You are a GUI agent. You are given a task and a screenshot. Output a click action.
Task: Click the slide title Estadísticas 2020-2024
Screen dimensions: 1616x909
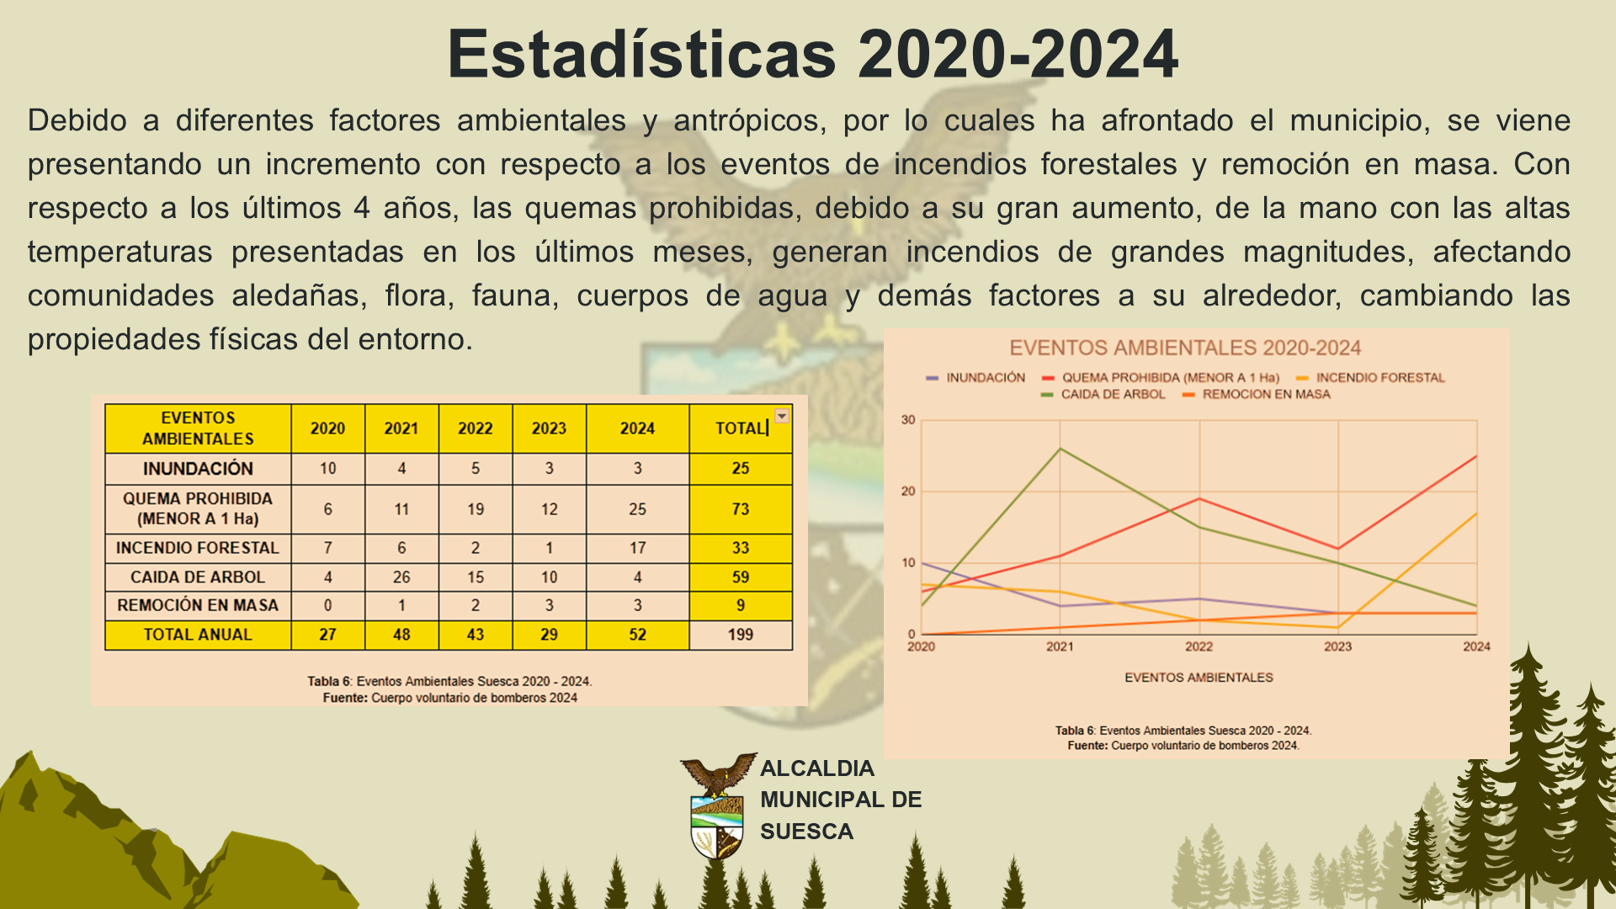click(x=812, y=54)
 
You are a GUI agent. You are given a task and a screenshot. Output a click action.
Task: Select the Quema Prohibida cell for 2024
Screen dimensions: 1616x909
click(x=637, y=509)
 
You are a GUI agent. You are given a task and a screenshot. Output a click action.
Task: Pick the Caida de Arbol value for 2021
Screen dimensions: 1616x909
click(x=401, y=577)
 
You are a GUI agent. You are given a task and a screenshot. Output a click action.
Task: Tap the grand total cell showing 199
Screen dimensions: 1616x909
click(x=741, y=635)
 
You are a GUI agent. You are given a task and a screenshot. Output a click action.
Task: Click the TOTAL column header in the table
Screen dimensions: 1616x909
click(x=741, y=428)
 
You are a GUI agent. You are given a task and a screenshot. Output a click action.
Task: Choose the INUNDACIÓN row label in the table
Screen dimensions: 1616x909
click(x=198, y=469)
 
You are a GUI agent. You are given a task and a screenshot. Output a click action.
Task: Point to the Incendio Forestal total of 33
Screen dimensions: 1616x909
click(x=741, y=548)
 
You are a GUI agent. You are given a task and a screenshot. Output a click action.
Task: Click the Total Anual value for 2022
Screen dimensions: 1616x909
click(x=476, y=635)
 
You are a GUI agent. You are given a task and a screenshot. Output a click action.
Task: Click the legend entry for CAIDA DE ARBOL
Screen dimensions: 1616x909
click(x=1103, y=394)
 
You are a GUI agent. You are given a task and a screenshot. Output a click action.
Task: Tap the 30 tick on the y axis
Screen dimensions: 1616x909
click(x=908, y=419)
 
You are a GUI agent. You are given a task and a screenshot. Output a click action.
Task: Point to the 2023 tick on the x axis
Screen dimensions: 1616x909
click(x=1337, y=646)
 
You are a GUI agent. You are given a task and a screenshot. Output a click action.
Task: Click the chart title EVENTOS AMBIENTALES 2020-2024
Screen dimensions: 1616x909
click(x=1185, y=348)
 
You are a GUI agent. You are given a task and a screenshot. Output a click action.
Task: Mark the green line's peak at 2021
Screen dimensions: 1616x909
click(x=1060, y=449)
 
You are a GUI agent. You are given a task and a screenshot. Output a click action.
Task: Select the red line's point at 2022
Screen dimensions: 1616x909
click(x=1199, y=499)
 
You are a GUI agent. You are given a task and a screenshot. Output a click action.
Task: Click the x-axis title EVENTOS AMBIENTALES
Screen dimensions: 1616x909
click(x=1199, y=678)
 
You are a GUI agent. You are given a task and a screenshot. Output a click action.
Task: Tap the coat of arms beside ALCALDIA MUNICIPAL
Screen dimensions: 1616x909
click(x=718, y=805)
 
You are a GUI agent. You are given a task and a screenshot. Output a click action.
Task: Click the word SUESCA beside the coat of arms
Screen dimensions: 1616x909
click(x=806, y=832)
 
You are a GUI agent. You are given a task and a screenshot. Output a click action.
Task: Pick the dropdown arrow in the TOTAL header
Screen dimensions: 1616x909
click(x=782, y=416)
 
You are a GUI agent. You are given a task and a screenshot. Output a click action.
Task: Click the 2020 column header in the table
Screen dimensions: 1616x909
click(x=327, y=428)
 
